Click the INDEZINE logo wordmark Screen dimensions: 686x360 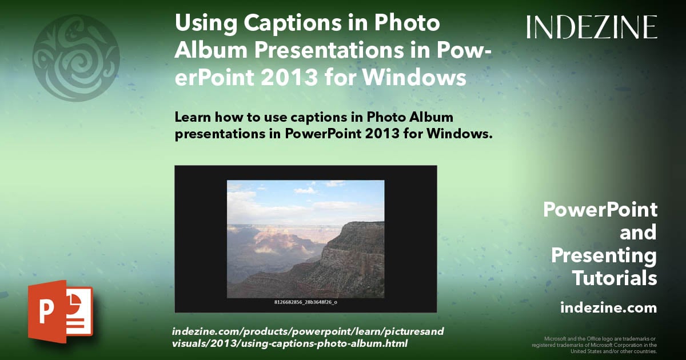coord(592,27)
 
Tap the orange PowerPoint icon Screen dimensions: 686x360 coord(61,311)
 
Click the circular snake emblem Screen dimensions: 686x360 coord(76,58)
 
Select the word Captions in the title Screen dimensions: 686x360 coord(293,23)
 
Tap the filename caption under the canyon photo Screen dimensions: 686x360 coord(306,302)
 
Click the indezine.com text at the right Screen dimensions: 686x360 coord(609,307)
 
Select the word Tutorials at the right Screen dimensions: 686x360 coord(615,278)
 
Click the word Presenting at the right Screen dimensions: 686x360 coord(604,255)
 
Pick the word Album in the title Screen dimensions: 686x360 coord(211,50)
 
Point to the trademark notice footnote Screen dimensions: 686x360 coord(595,345)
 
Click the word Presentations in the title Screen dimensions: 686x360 coord(329,50)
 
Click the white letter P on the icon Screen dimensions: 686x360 coord(46,311)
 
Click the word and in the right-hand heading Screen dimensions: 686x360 coord(639,233)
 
